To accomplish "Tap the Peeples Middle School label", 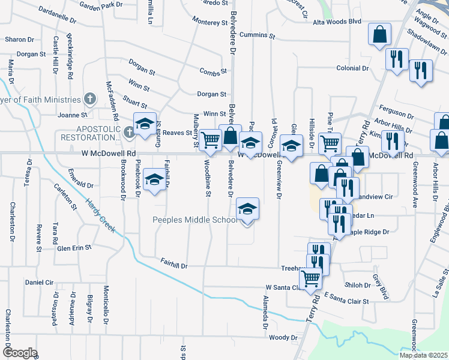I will pos(194,220).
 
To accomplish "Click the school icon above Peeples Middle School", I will pos(246,209).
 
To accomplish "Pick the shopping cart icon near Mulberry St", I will pos(210,140).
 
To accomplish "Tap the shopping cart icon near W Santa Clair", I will pos(310,278).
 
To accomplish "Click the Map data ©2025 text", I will pos(424,355).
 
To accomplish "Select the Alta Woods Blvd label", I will pos(337,22).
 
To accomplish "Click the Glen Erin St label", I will pos(74,247).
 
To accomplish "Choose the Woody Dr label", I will pos(283,338).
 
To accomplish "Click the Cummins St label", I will pos(256,36).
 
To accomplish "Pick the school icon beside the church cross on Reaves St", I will pos(144,124).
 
